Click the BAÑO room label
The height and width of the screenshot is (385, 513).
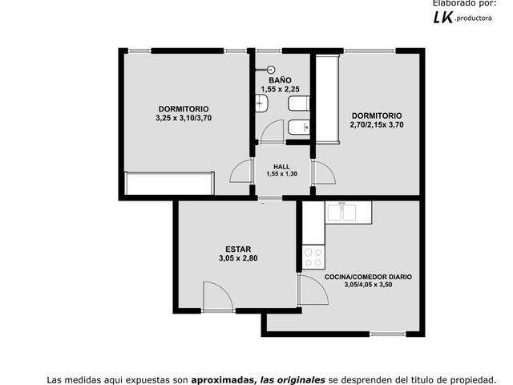(280, 80)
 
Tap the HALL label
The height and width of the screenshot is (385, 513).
(281, 167)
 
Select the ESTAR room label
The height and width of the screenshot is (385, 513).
(238, 249)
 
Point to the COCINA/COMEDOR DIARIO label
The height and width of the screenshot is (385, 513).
(368, 277)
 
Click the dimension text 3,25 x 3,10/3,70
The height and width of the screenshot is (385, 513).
(184, 118)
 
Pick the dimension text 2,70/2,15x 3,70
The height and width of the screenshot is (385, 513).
(377, 125)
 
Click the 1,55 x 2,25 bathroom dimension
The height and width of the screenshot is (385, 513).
(280, 89)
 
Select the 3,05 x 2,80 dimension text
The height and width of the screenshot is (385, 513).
(238, 258)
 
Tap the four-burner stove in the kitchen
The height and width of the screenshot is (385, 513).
(313, 257)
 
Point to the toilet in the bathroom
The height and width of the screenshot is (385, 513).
(299, 103)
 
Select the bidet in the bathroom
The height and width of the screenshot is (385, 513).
(299, 128)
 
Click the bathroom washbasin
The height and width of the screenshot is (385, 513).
(262, 103)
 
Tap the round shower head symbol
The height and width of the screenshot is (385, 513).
(271, 70)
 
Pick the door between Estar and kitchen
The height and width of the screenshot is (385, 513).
(313, 290)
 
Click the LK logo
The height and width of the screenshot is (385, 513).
(443, 18)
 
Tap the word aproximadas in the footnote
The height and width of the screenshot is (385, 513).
(223, 380)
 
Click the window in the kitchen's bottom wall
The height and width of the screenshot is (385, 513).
(388, 334)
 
